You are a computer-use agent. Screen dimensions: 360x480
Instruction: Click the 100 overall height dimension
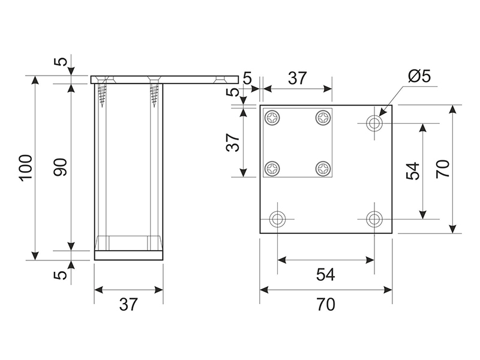[25, 169]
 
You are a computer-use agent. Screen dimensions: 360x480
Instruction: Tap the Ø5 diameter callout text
[419, 77]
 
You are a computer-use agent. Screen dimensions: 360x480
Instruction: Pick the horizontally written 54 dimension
[325, 275]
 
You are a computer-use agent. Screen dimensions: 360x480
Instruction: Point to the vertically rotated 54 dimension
[413, 171]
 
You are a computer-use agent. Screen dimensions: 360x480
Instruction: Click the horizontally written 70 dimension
[325, 305]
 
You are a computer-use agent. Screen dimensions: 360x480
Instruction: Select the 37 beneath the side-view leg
[128, 305]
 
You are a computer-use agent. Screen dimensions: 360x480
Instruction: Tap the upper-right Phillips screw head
[324, 118]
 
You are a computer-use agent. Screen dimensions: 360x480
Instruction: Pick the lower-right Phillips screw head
[324, 168]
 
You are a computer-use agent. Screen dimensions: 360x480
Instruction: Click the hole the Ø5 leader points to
[375, 123]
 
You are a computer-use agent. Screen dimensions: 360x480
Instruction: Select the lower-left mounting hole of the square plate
[277, 218]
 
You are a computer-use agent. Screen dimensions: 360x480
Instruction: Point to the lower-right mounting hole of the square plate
[375, 218]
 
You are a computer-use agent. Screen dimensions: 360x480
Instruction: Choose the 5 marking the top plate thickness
[61, 62]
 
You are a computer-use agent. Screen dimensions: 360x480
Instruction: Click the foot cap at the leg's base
[128, 255]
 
